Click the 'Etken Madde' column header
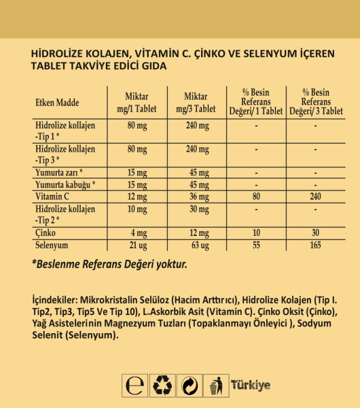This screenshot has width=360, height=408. [x=57, y=103]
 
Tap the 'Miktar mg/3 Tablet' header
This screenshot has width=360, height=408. [x=196, y=103]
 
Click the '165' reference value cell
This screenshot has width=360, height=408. [x=316, y=244]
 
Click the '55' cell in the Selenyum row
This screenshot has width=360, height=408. [x=255, y=244]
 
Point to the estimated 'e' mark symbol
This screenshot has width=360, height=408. [x=135, y=386]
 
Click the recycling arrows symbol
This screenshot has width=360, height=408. [x=164, y=386]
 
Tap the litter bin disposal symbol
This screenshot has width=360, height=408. [x=216, y=386]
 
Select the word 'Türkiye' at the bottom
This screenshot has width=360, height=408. [x=251, y=386]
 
